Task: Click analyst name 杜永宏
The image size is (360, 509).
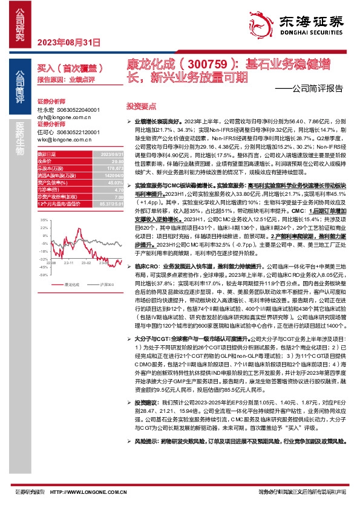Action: (46, 110)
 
